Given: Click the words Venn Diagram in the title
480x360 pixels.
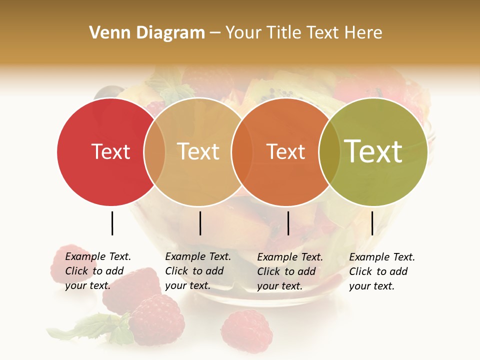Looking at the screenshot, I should (147, 33).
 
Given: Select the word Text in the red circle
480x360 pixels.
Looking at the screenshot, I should (110, 151).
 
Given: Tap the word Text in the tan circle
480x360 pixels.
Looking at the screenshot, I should (198, 151).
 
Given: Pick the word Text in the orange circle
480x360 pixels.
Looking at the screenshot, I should (285, 151).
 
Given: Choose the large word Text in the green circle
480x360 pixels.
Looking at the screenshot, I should (373, 151).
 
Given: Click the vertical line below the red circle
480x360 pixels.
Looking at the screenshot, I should (112, 223).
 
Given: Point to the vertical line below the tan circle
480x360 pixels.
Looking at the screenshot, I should (200, 223).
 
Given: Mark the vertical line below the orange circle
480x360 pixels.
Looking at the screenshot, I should (288, 223).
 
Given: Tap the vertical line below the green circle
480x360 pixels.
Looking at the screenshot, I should (372, 223).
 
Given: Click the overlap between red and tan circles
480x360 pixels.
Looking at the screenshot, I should (154, 152).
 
